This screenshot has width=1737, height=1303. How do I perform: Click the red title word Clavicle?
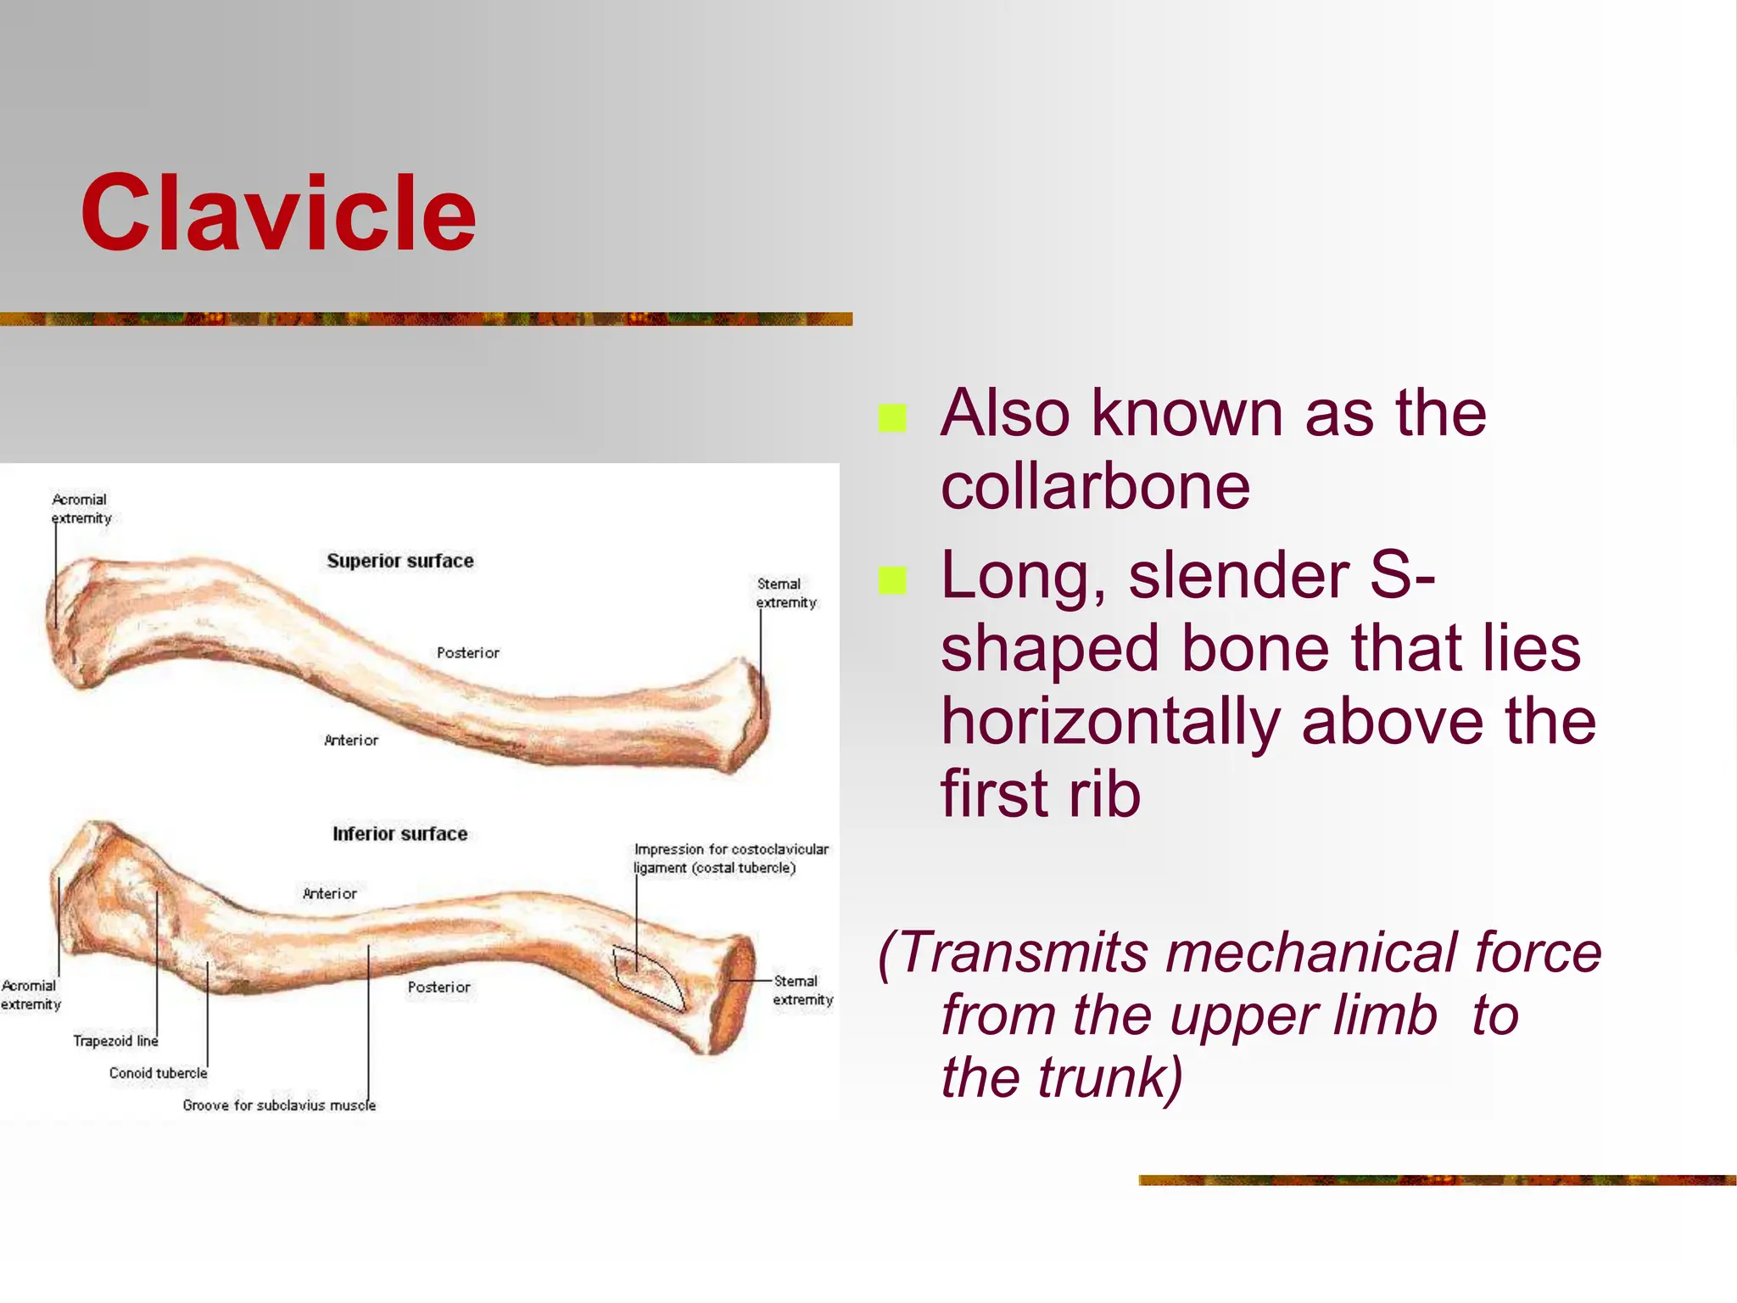(278, 214)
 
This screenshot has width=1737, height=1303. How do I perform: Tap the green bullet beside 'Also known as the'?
(892, 418)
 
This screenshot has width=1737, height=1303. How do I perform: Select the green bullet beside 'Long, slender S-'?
(892, 581)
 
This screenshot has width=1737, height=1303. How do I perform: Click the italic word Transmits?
(1021, 953)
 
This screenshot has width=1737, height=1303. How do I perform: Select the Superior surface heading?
(400, 561)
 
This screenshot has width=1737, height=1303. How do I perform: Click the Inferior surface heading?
(399, 834)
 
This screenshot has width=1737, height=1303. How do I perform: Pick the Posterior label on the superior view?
(467, 652)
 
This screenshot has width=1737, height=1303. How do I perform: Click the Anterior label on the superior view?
(351, 740)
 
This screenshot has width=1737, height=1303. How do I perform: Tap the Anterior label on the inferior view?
(330, 893)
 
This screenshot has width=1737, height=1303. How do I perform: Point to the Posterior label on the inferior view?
(438, 987)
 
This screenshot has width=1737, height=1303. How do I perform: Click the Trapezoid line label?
(115, 1041)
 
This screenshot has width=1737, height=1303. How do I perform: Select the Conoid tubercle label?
(158, 1073)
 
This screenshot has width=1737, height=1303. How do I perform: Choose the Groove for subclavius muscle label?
(279, 1105)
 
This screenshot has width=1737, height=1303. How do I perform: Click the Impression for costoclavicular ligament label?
(730, 858)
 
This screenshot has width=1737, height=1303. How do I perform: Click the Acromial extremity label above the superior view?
(81, 508)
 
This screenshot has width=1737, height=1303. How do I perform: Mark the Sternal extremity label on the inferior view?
(801, 990)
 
